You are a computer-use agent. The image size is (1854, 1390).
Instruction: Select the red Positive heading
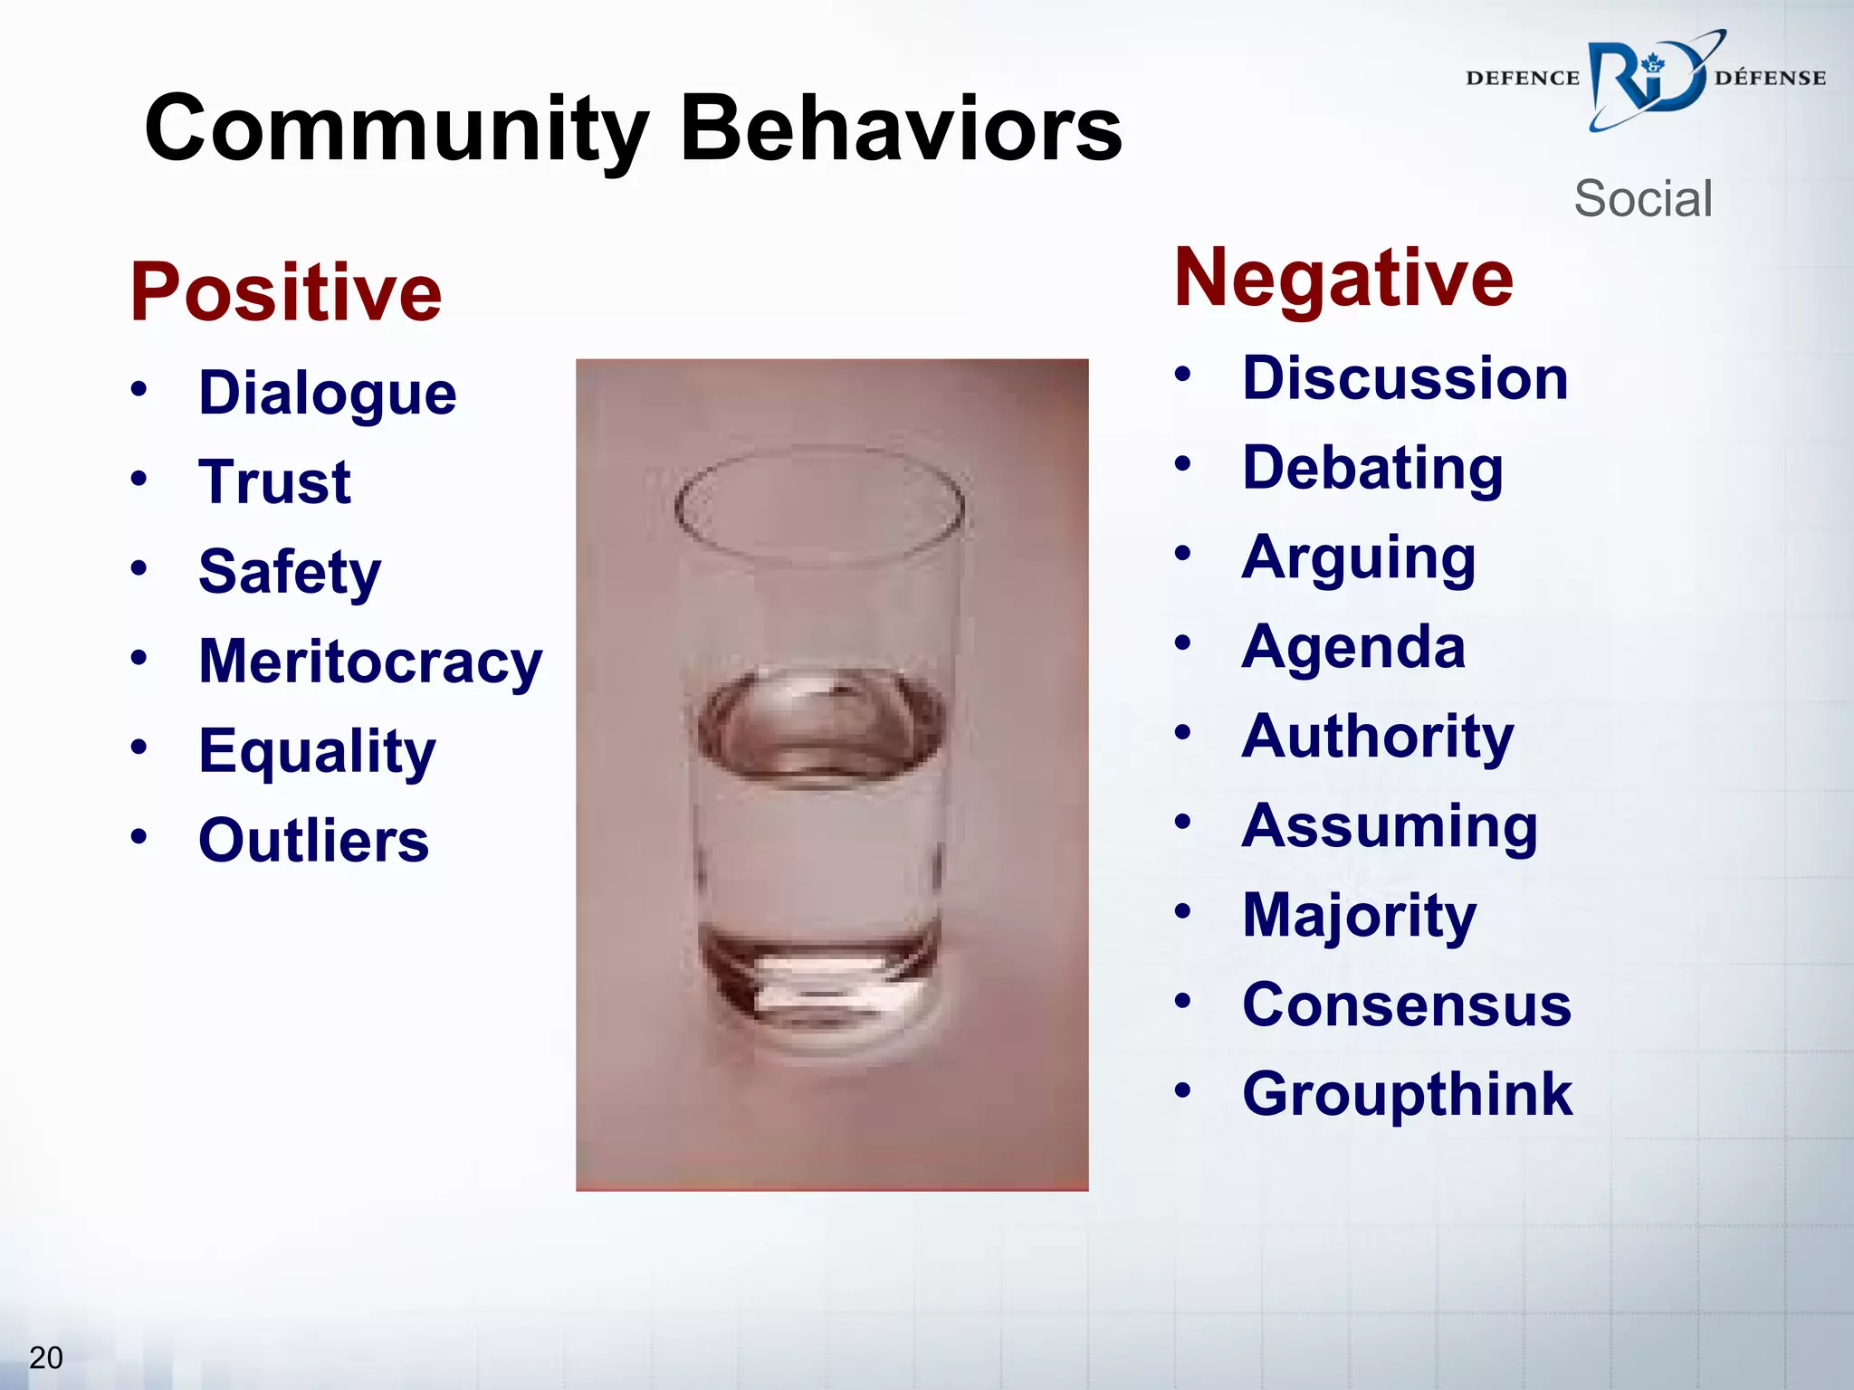pyautogui.click(x=286, y=291)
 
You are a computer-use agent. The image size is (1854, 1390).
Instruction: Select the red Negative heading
pyautogui.click(x=1343, y=278)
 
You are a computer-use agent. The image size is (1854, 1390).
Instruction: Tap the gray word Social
pyautogui.click(x=1643, y=198)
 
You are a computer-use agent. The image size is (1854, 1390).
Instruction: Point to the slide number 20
pyautogui.click(x=45, y=1357)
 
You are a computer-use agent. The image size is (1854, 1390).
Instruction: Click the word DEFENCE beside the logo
pyautogui.click(x=1522, y=79)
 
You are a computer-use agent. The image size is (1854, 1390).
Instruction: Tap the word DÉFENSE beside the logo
pyautogui.click(x=1770, y=79)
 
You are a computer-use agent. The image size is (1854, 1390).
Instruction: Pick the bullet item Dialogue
pyautogui.click(x=328, y=394)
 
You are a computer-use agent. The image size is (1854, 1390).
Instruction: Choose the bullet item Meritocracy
pyautogui.click(x=370, y=662)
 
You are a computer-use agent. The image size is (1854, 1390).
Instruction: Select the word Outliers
pyautogui.click(x=313, y=841)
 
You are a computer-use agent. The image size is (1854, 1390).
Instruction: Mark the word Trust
pyautogui.click(x=274, y=482)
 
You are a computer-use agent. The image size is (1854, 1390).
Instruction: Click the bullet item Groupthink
pyautogui.click(x=1407, y=1094)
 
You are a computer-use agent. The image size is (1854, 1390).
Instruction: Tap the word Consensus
pyautogui.click(x=1407, y=1004)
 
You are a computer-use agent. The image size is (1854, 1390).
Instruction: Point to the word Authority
pyautogui.click(x=1377, y=737)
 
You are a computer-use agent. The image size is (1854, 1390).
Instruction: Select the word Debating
pyautogui.click(x=1372, y=469)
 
